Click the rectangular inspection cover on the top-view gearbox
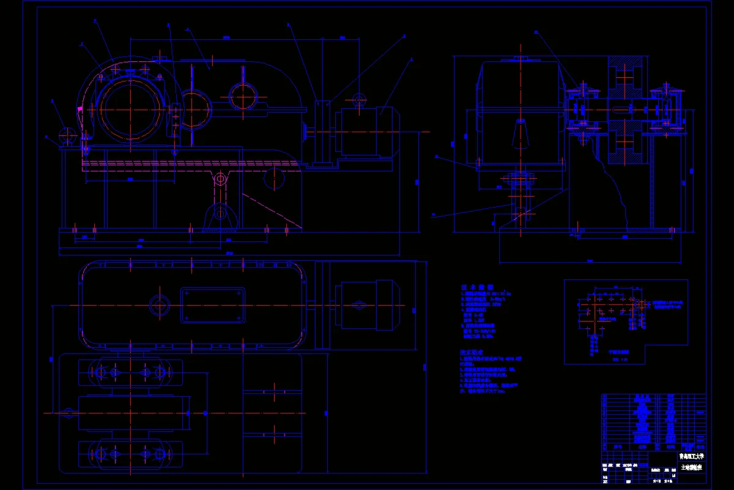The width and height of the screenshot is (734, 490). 213,304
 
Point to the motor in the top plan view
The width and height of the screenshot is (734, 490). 365,304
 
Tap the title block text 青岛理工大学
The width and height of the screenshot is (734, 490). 691,456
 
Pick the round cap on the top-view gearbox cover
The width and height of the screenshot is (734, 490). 160,304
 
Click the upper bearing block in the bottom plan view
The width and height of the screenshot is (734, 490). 130,372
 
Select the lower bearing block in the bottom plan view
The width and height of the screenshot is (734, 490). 130,454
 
